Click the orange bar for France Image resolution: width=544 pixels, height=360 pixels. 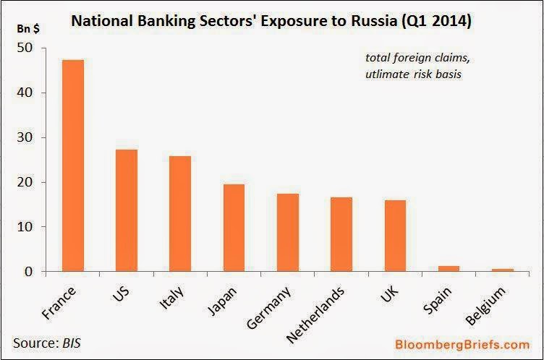point(73,166)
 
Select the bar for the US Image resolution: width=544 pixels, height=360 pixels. point(127,210)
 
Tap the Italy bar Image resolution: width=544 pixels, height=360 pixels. point(180,214)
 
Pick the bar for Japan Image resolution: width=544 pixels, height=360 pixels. point(234,228)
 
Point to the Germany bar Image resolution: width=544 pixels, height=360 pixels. point(287,233)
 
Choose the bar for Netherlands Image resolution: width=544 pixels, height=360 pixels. point(341,234)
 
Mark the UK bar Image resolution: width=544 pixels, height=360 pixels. point(395,236)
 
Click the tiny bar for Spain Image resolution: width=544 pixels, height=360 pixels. point(449,269)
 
